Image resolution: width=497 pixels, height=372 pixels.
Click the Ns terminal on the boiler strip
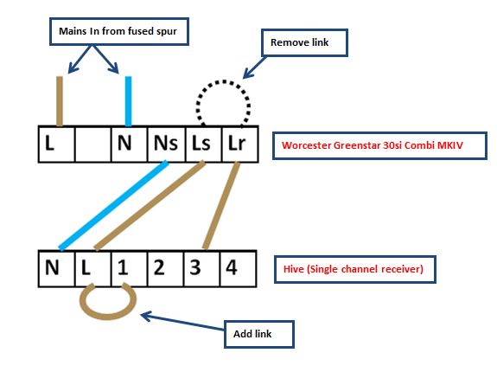166,144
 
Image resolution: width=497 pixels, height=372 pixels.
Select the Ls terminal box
203,144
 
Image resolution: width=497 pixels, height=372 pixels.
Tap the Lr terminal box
240,144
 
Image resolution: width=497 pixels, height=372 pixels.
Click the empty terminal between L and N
93,144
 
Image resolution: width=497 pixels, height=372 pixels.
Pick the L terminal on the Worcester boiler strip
57,144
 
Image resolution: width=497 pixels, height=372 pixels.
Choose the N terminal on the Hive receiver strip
57,268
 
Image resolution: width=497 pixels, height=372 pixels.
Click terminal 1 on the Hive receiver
129,268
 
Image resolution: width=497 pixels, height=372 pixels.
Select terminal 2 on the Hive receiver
165,268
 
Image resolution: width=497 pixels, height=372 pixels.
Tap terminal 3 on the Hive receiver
201,268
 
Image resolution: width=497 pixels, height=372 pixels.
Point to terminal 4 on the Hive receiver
238,268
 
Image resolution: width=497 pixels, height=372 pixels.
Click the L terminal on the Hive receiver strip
93,268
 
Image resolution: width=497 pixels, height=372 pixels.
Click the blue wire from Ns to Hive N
113,206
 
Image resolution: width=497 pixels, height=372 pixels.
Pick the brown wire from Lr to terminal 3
221,206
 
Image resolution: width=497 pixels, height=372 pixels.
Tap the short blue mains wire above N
128,101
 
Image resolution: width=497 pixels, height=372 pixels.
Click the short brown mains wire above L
60,101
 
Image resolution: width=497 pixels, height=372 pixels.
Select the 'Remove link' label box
304,42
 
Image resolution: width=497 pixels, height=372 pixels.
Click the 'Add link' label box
259,334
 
